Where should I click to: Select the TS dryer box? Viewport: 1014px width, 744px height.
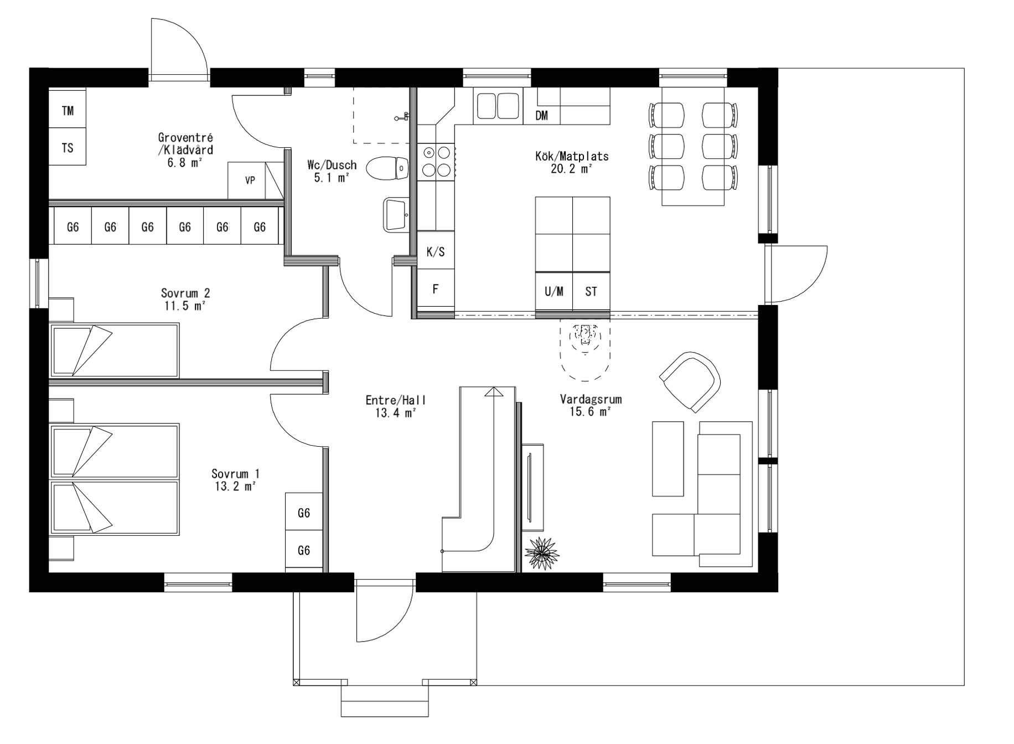[x=68, y=147]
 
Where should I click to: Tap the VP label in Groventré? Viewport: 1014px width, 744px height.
[x=250, y=180]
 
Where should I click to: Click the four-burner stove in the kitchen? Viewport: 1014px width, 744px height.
[x=436, y=162]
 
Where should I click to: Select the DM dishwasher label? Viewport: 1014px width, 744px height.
[x=542, y=115]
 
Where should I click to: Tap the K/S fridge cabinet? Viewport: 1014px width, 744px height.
[x=436, y=251]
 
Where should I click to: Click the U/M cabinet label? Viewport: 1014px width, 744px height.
[x=553, y=291]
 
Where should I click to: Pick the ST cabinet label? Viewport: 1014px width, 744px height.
[x=591, y=291]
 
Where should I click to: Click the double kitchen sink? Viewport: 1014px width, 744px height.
[x=498, y=106]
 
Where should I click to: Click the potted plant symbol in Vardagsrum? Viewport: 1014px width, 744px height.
[x=542, y=552]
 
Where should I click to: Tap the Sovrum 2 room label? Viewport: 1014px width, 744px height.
[x=185, y=293]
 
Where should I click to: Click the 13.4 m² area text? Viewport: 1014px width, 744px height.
[x=395, y=413]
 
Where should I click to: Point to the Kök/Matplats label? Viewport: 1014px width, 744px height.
[x=571, y=156]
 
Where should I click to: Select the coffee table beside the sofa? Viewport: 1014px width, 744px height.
[x=668, y=458]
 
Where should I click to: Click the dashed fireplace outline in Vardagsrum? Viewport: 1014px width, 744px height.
[x=585, y=349]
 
